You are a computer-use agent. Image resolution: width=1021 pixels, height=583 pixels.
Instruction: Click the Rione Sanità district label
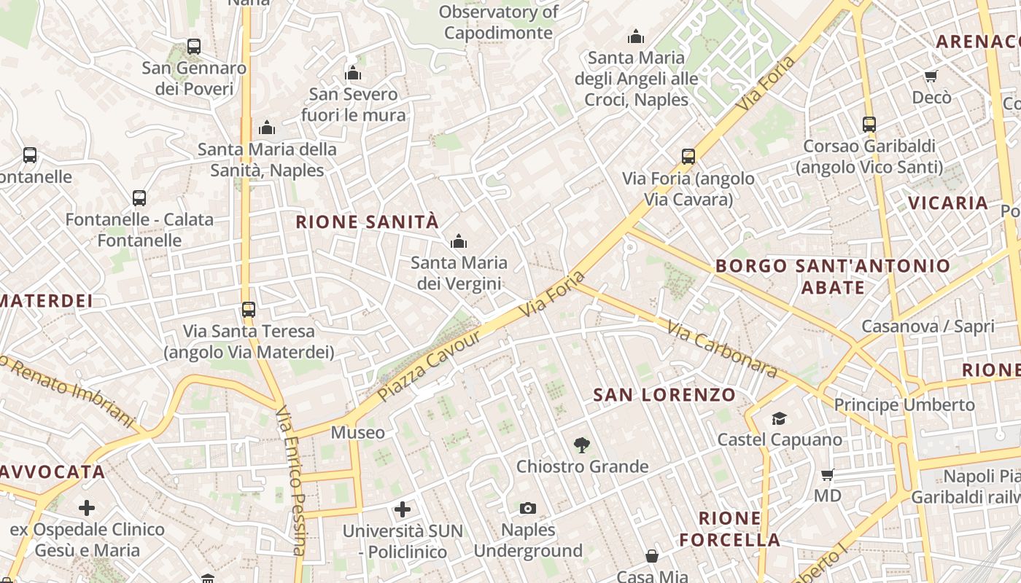[368, 222]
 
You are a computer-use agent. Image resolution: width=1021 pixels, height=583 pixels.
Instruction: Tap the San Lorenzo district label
[664, 395]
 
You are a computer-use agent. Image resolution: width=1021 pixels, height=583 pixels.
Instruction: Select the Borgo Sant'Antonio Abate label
[833, 276]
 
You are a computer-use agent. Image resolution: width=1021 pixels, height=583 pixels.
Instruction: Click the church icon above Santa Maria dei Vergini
[458, 241]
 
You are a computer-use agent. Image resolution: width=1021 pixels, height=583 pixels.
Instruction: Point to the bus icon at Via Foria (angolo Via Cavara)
[688, 156]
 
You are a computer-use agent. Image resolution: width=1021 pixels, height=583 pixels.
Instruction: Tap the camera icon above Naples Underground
[527, 508]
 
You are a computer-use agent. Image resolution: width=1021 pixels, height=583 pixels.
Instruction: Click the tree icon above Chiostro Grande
[581, 444]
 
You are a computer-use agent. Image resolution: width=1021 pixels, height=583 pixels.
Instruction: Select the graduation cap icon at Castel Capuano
[779, 418]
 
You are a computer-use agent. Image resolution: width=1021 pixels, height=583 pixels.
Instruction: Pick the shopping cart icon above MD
[827, 475]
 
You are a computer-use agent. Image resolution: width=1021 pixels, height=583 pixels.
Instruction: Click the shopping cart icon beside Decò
[931, 76]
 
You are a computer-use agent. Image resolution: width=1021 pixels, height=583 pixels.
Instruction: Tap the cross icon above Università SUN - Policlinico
[402, 509]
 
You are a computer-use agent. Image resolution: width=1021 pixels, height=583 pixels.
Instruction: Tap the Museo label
[357, 433]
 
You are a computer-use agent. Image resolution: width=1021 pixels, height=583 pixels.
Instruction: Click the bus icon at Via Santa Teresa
[249, 310]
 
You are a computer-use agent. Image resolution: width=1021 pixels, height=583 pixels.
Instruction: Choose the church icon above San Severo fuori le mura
[353, 73]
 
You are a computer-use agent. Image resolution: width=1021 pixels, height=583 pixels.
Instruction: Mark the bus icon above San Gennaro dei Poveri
[193, 47]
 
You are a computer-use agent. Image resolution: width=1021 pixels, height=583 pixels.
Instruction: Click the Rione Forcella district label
[730, 529]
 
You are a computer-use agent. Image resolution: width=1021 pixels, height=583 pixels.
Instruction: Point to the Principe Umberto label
[904, 404]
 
